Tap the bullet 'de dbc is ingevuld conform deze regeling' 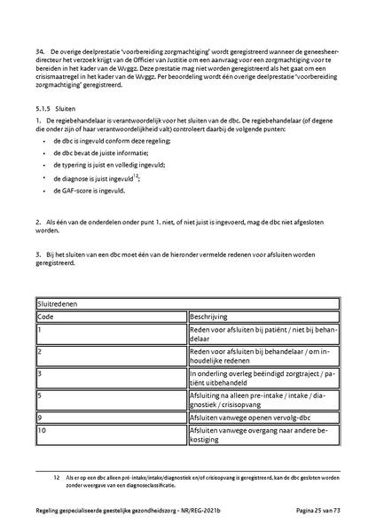[x=111, y=140]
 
